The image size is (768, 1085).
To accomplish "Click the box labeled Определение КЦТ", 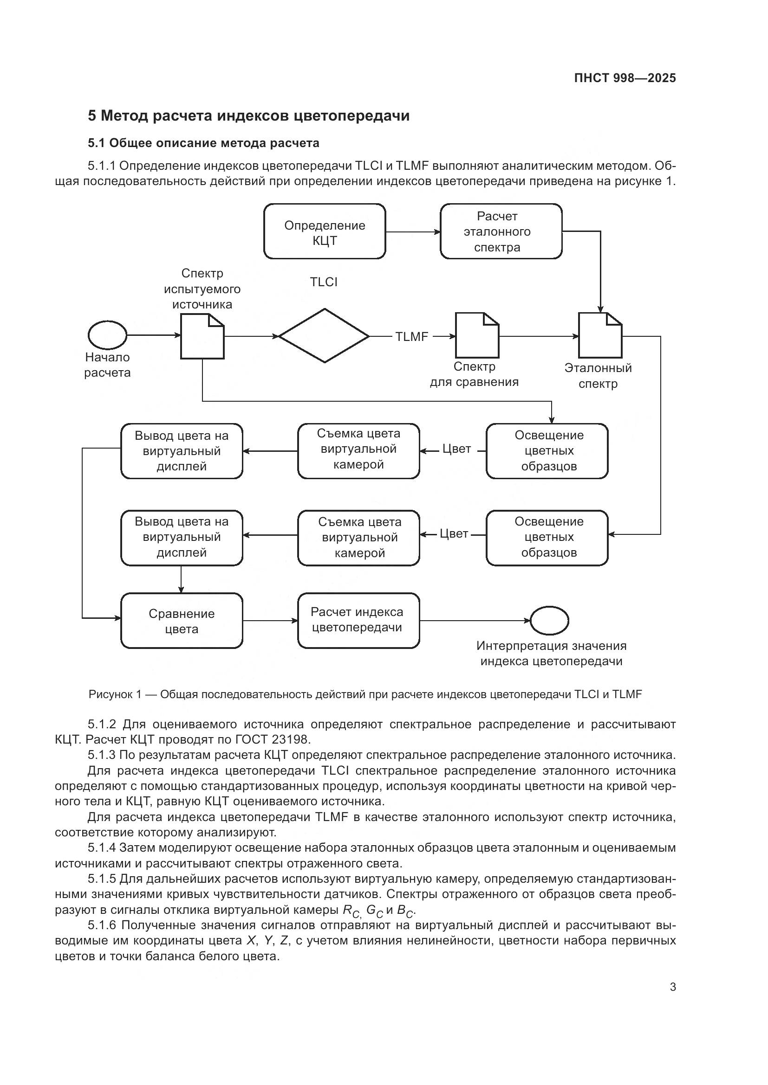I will tap(325, 231).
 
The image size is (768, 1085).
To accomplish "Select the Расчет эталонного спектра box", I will tap(501, 231).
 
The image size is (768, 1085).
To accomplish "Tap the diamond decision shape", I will tap(324, 336).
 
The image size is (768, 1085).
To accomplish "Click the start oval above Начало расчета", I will tap(107, 335).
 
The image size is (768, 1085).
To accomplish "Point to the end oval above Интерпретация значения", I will tap(549, 621).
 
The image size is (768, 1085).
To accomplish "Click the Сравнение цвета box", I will tap(182, 621).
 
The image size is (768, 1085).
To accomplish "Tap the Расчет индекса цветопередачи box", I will tap(358, 621).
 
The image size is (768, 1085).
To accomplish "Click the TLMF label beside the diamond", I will tap(411, 337).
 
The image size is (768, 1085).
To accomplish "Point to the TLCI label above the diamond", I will tap(324, 282).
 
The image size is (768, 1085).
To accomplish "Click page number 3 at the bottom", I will tap(672, 987).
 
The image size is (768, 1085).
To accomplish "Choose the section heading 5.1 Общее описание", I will tap(203, 143).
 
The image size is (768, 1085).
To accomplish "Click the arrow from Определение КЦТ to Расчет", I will tap(413, 232).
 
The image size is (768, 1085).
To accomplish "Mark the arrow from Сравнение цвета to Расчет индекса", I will tap(270, 621).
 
